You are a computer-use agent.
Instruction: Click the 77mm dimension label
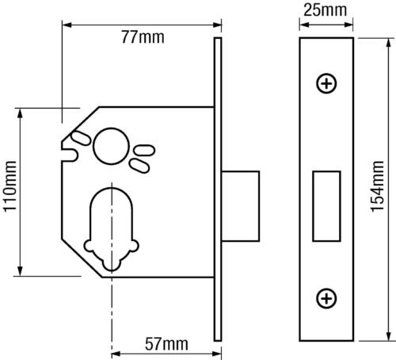pos(143,37)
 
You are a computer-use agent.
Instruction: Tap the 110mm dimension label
pos(10,186)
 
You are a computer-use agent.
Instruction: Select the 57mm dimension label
pos(166,344)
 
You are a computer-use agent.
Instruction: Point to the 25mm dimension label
pos(325,10)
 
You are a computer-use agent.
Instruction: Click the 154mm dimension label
pos(377,186)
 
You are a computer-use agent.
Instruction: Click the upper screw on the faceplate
pos(326,83)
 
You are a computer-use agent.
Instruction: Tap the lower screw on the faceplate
pos(326,298)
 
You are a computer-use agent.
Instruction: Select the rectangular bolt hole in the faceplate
pos(326,206)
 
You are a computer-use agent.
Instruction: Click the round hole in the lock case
pos(111,146)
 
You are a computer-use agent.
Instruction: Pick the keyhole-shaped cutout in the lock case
pos(111,229)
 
